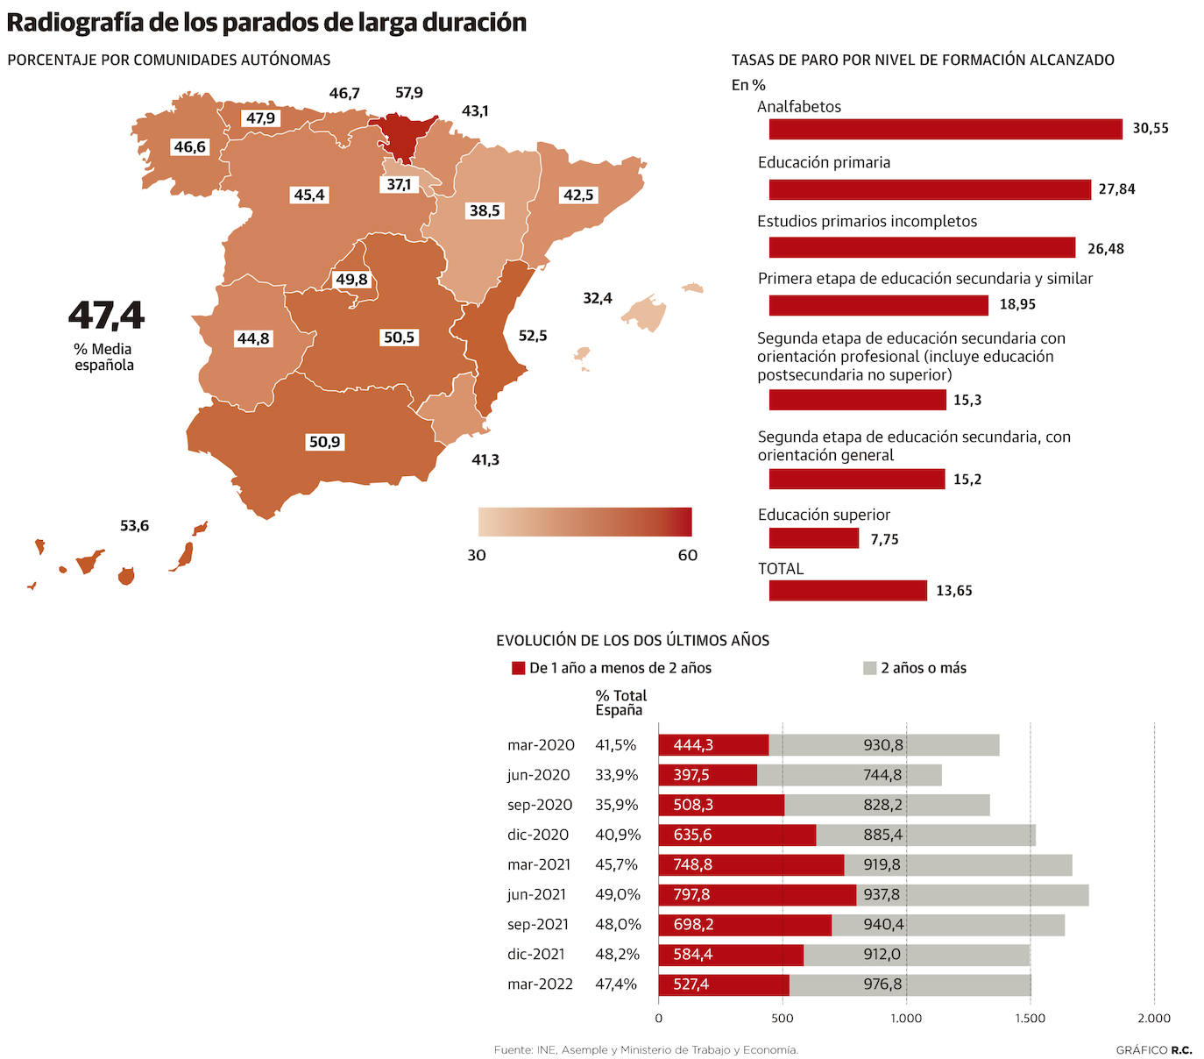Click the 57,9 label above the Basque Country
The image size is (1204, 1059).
point(408,93)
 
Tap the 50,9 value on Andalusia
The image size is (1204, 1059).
point(324,442)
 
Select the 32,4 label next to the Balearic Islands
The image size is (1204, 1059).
point(598,299)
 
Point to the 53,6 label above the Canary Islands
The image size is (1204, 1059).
point(134,526)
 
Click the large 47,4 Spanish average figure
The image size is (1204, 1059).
point(106,316)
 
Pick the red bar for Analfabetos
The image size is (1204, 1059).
point(945,129)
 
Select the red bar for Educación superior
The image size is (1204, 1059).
point(813,538)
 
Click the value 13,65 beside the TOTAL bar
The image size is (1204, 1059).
point(954,591)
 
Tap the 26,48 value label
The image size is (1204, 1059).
point(1105,249)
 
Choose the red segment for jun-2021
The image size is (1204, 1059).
point(756,895)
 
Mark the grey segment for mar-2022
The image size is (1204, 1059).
point(910,984)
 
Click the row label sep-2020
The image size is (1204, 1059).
point(539,805)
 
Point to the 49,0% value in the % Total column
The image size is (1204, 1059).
point(617,895)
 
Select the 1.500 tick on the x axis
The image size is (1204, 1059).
point(1030,1019)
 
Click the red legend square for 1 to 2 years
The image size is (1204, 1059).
point(518,668)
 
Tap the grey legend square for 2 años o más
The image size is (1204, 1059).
point(869,668)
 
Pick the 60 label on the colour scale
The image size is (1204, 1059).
point(688,555)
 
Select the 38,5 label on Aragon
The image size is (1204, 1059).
point(485,211)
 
